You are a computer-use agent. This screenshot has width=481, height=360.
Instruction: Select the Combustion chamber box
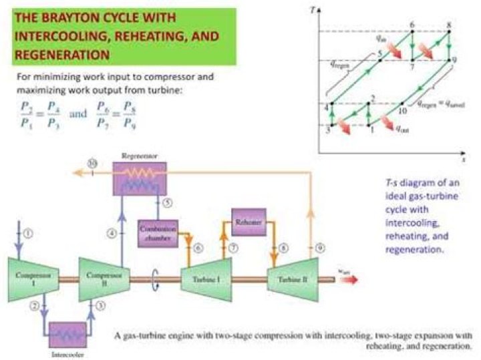tap(158, 231)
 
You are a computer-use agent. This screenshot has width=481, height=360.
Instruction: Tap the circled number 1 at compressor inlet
tap(27, 233)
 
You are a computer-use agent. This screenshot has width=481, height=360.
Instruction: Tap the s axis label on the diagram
tap(462, 160)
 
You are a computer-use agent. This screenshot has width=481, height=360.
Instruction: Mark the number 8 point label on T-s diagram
tap(449, 25)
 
